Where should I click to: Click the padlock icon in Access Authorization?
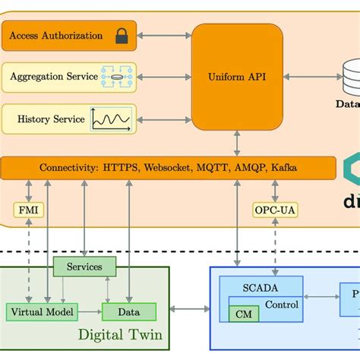122,36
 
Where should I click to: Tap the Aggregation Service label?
54,77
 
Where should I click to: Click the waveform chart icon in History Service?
111,118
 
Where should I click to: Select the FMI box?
25,209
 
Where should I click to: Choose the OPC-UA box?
275,209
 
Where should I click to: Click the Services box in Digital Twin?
84,267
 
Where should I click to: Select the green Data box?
129,311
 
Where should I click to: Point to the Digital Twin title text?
121,335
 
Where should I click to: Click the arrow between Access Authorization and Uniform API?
163,36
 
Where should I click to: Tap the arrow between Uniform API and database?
308,77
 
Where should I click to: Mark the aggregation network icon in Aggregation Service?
117,77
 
